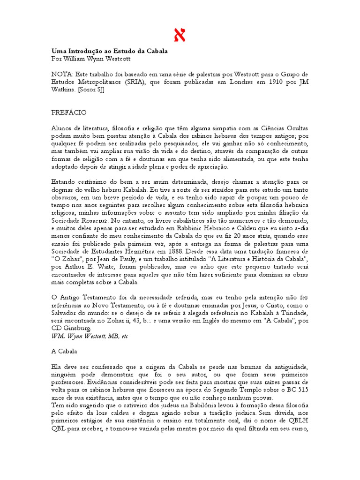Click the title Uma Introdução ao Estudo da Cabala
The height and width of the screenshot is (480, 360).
[x=109, y=51]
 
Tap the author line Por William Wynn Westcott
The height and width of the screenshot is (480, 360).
[x=90, y=59]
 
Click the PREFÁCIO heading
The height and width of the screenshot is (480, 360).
[x=68, y=112]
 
